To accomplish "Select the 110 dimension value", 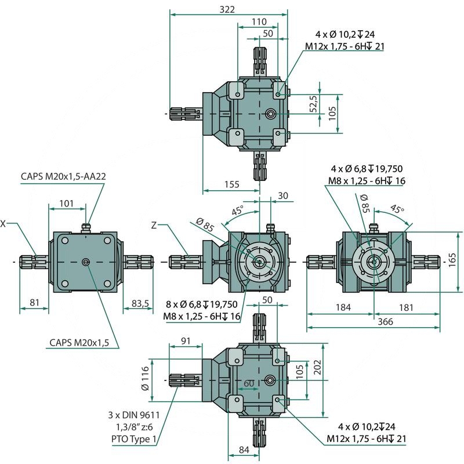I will (259, 21).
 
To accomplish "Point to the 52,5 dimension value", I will (313, 104).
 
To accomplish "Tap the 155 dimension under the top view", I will (231, 185).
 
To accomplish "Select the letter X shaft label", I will (3, 223).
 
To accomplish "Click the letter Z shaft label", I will (153, 224).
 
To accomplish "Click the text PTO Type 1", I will (134, 440).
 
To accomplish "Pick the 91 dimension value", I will (186, 341).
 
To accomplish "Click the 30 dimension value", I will (282, 195).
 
